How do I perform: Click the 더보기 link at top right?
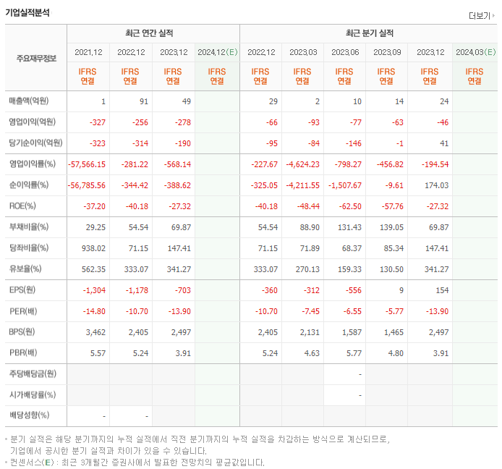[x=481, y=15]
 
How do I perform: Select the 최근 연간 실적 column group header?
[x=153, y=33]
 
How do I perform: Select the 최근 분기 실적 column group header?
[x=369, y=33]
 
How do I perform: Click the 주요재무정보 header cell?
[x=35, y=58]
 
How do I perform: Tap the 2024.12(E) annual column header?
[x=217, y=52]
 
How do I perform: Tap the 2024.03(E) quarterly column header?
[x=475, y=52]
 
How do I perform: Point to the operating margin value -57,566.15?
[x=87, y=164]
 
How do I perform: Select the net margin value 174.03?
[x=436, y=185]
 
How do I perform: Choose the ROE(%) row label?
[x=21, y=206]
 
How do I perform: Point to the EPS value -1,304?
[x=94, y=290]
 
